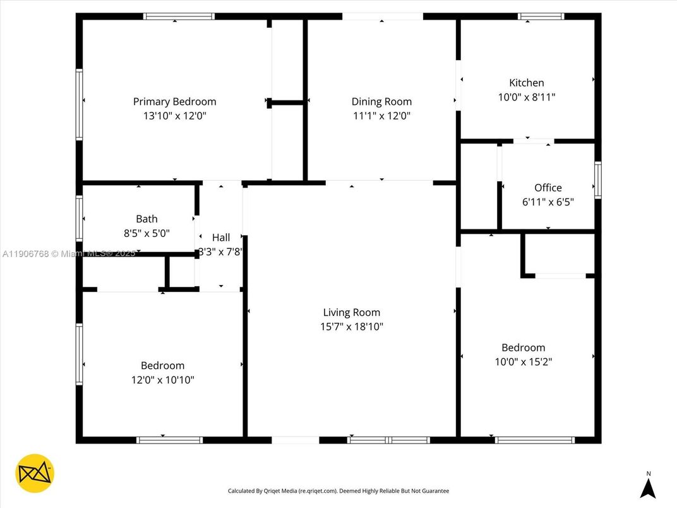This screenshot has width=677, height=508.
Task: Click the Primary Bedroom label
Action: pyautogui.click(x=174, y=102)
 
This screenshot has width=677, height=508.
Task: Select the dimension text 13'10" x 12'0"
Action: pyautogui.click(x=174, y=116)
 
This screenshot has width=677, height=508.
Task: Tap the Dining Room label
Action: pyautogui.click(x=381, y=102)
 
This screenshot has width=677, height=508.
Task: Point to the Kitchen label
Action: pyautogui.click(x=526, y=83)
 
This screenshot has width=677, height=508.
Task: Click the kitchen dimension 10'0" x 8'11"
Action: pyautogui.click(x=526, y=97)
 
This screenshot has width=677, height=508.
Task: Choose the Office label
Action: pyautogui.click(x=548, y=188)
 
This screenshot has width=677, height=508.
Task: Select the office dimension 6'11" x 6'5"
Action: pyautogui.click(x=548, y=202)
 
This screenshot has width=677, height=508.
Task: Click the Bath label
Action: pyautogui.click(x=147, y=219)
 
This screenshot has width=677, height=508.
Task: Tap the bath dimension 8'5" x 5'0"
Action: pyautogui.click(x=147, y=233)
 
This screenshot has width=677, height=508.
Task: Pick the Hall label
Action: pyautogui.click(x=221, y=238)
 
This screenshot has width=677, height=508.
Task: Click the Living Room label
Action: pyautogui.click(x=351, y=312)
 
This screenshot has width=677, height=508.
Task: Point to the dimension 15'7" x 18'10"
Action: pyautogui.click(x=351, y=327)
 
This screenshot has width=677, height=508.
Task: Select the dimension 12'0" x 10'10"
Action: pyautogui.click(x=162, y=380)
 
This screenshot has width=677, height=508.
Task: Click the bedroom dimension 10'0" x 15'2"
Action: pyautogui.click(x=523, y=362)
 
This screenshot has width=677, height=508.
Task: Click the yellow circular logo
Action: pyautogui.click(x=35, y=473)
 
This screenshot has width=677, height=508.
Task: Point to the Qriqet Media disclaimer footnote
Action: pyautogui.click(x=338, y=491)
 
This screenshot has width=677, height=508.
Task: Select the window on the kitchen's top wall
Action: pyautogui.click(x=541, y=16)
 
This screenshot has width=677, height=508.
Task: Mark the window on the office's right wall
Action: pyautogui.click(x=597, y=180)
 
